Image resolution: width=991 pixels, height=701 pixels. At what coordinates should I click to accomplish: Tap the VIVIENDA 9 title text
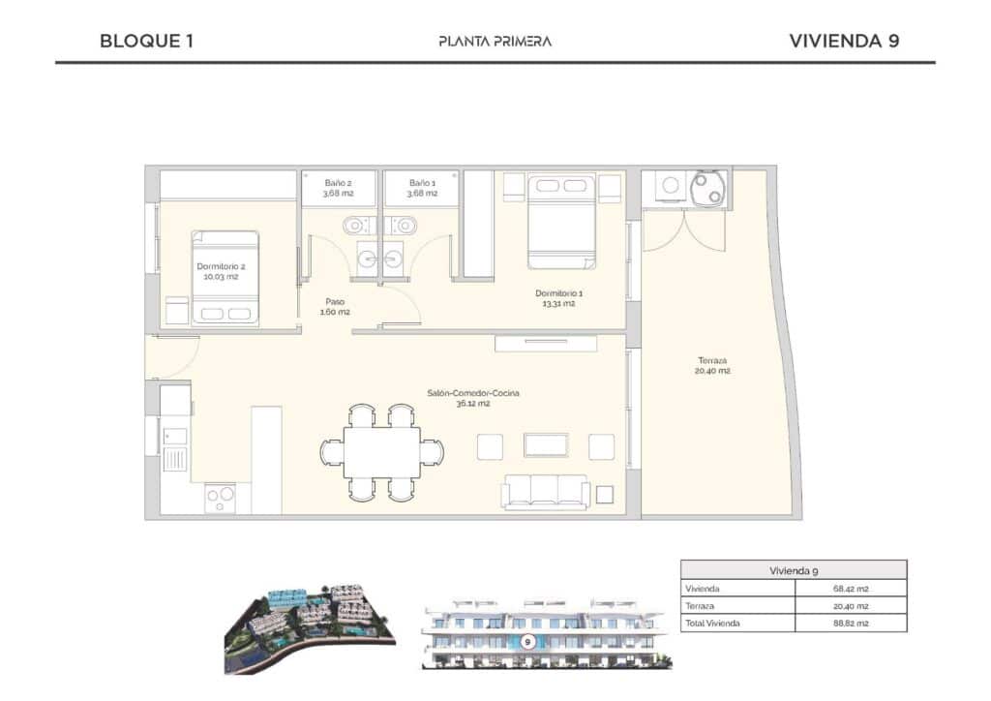click(x=845, y=41)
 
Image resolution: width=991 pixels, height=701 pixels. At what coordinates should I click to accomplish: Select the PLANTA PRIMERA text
click(x=495, y=41)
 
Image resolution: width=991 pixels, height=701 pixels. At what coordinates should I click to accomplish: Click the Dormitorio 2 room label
click(x=221, y=271)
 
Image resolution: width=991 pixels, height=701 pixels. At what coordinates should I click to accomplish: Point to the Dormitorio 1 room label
click(x=559, y=298)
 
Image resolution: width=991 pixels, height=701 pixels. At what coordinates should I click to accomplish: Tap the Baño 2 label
click(x=338, y=188)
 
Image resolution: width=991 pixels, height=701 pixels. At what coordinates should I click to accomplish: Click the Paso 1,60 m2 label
click(x=334, y=307)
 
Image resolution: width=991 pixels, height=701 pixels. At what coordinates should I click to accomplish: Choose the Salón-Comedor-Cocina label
click(x=473, y=398)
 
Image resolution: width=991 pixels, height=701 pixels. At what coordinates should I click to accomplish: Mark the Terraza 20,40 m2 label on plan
click(x=710, y=365)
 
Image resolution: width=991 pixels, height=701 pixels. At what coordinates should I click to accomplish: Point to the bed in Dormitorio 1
click(x=561, y=221)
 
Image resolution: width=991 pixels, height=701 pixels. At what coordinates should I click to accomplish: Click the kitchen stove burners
click(x=220, y=498)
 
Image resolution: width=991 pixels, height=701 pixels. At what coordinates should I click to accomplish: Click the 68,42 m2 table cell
click(x=851, y=589)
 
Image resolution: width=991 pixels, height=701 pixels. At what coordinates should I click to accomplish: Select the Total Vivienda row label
click(x=712, y=623)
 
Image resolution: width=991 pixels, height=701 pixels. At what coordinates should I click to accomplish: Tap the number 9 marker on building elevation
click(x=527, y=641)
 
